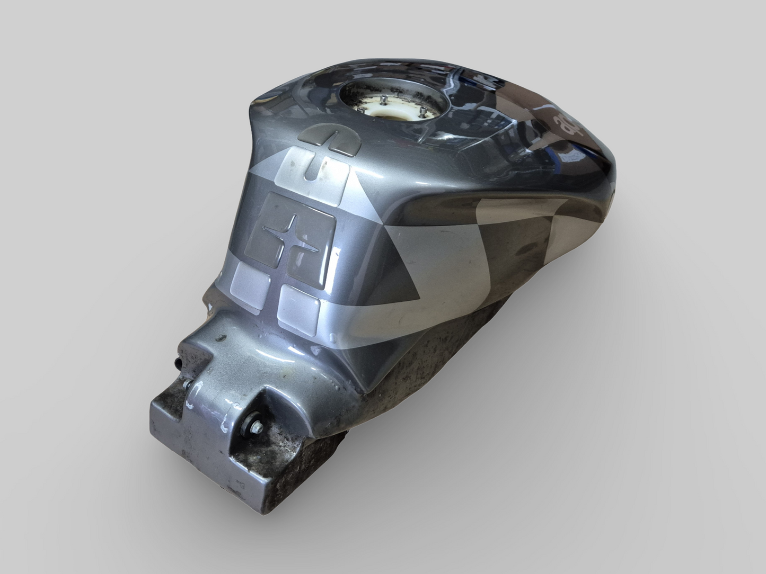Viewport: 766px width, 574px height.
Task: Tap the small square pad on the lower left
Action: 250,281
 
